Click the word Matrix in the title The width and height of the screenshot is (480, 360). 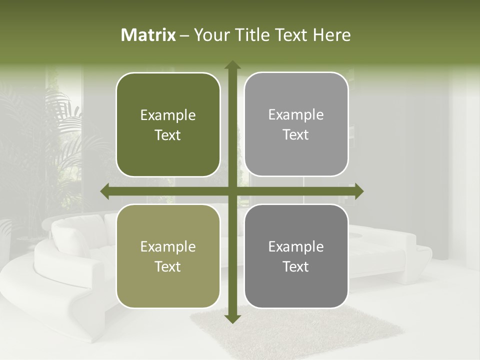pos(148,35)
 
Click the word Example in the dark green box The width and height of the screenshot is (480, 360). pos(168,115)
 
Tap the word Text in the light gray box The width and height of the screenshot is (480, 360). pos(296,135)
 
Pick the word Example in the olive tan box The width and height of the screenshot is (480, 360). pos(168,247)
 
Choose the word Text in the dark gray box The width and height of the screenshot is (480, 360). pos(296,266)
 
